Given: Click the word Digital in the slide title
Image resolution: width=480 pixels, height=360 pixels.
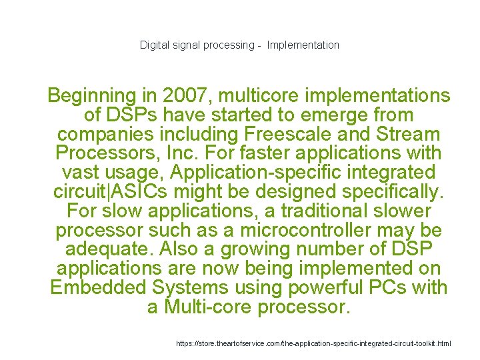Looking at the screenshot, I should pyautogui.click(x=155, y=45).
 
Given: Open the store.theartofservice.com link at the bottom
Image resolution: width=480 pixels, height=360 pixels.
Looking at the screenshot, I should pyautogui.click(x=313, y=343).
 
